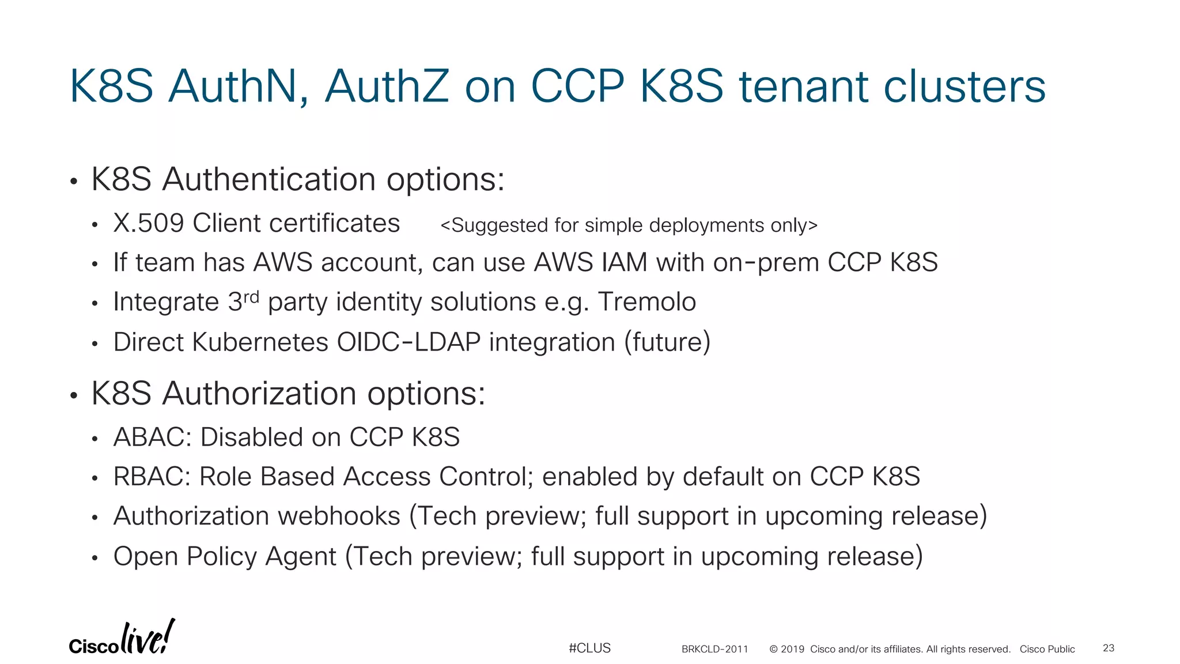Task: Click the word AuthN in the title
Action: coord(232,86)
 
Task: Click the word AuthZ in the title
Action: coord(387,86)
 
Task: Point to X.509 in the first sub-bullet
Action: coord(148,224)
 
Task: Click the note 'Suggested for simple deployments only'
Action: coord(629,225)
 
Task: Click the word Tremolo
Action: coord(647,302)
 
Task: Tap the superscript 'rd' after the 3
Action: coord(251,297)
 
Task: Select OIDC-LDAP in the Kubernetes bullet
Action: coord(409,342)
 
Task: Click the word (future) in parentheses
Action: coord(668,342)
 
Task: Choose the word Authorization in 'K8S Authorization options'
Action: coord(259,394)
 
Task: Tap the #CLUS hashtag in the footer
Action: coord(589,648)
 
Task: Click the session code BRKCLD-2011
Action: coord(714,650)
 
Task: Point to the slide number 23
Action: coord(1109,648)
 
